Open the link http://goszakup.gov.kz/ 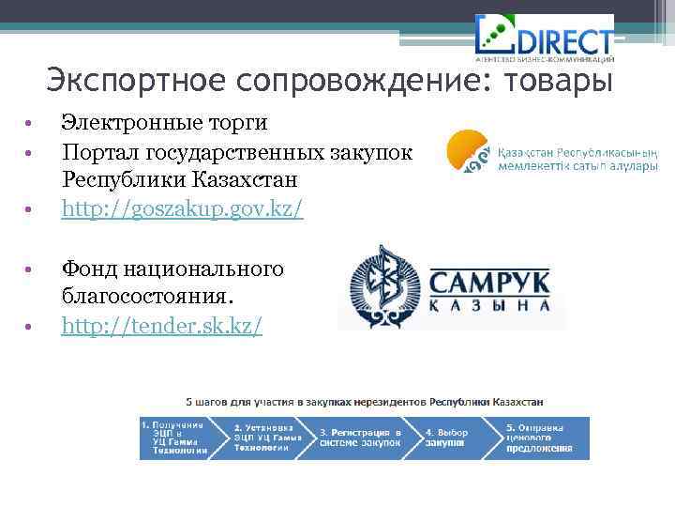(x=182, y=207)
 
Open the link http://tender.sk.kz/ (x=162, y=325)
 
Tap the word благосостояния (x=148, y=297)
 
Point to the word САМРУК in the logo (x=488, y=281)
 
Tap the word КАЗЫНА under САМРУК (x=488, y=307)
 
